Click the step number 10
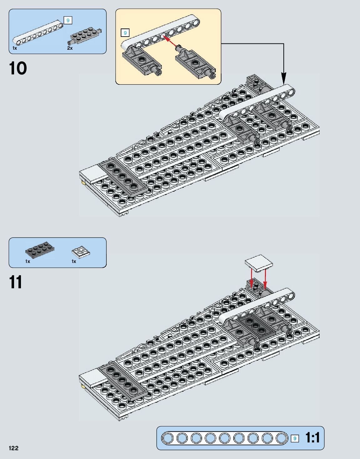click(18, 68)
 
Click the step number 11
click(16, 282)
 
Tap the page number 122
click(13, 448)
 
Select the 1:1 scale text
click(312, 438)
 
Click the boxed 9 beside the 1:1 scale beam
click(295, 438)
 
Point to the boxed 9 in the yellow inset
click(125, 33)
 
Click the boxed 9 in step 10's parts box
click(68, 21)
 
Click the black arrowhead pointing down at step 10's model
click(283, 78)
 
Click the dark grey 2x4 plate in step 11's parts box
click(40, 249)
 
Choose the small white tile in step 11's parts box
click(81, 252)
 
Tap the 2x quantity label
click(70, 48)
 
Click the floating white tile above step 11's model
click(259, 262)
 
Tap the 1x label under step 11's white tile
click(74, 261)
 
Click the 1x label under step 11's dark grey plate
click(28, 261)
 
